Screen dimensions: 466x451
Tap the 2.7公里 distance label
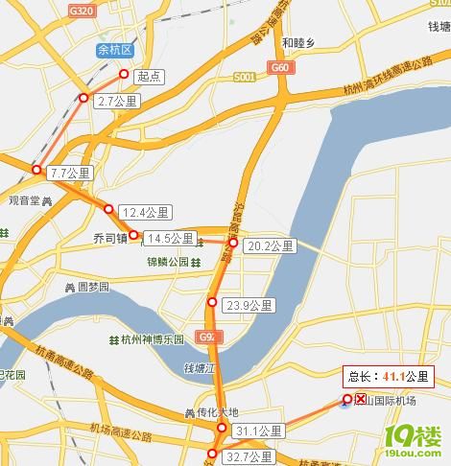click(119, 100)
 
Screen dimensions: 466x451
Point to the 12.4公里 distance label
click(145, 212)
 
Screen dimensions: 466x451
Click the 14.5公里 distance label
click(172, 238)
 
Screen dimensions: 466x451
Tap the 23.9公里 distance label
click(249, 306)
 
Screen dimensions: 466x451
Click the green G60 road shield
click(280, 68)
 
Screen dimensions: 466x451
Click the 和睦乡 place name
click(298, 42)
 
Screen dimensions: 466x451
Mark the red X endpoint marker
click(361, 399)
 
